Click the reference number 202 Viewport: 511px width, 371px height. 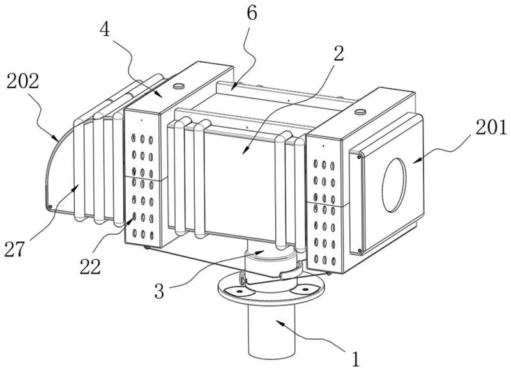(23, 82)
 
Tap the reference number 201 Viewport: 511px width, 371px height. (491, 127)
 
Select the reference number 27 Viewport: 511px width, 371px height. (14, 249)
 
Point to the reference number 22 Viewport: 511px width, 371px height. (90, 267)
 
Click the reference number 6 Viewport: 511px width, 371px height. (252, 13)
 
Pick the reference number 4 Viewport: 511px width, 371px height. (105, 29)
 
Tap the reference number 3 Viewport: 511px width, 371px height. (159, 292)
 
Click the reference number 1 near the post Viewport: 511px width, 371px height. (356, 359)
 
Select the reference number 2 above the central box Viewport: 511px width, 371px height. (339, 54)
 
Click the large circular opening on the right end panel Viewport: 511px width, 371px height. (394, 185)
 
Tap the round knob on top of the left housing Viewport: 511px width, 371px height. (179, 86)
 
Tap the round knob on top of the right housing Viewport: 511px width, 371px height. (360, 112)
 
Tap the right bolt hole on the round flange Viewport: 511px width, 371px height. (305, 288)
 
